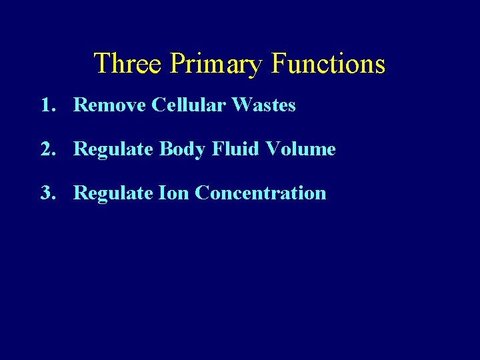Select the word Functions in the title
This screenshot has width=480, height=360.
328,64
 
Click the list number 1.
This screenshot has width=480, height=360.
46,105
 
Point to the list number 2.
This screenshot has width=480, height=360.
46,149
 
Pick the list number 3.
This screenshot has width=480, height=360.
46,193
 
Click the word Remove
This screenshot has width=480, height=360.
109,105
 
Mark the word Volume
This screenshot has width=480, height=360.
301,149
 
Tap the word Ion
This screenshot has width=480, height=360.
174,193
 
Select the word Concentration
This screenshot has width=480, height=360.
261,193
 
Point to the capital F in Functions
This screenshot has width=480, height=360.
279,64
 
